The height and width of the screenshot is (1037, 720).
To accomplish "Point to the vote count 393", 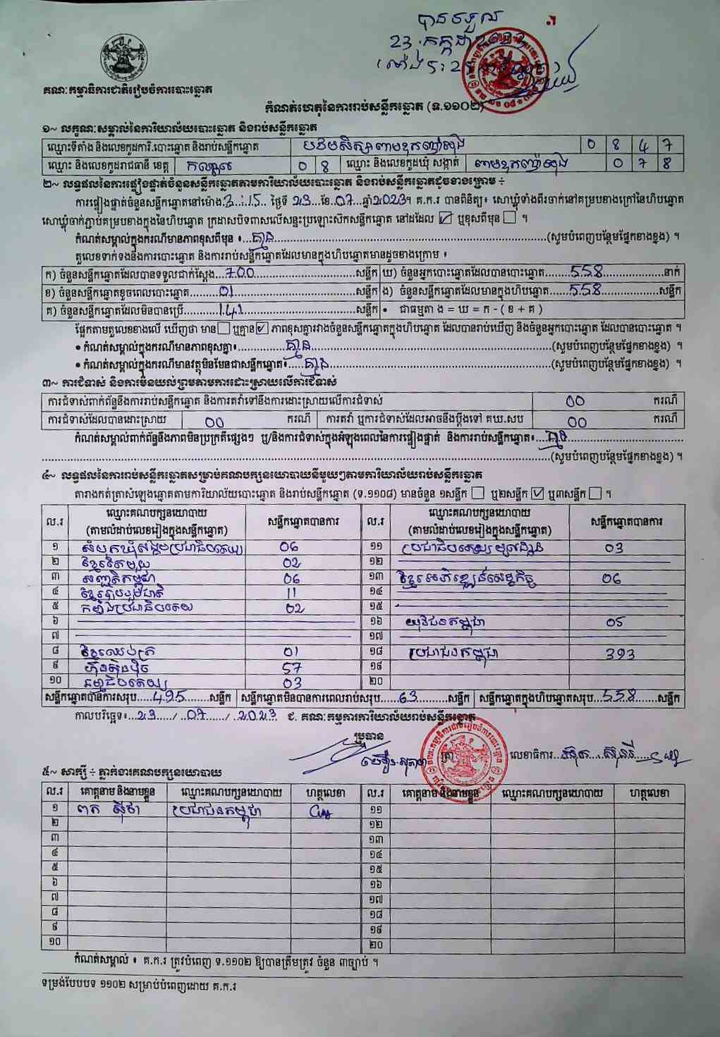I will pos(620,654).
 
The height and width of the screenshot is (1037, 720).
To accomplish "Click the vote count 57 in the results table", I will pos(291,667).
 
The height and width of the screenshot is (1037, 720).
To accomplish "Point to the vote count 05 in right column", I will pos(614,622).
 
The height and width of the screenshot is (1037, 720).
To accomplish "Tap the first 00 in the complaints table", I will pos(575,400).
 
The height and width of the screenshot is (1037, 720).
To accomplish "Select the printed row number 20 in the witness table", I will pos(375,943).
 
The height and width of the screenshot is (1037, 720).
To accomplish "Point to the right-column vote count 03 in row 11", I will pos(614,547).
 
